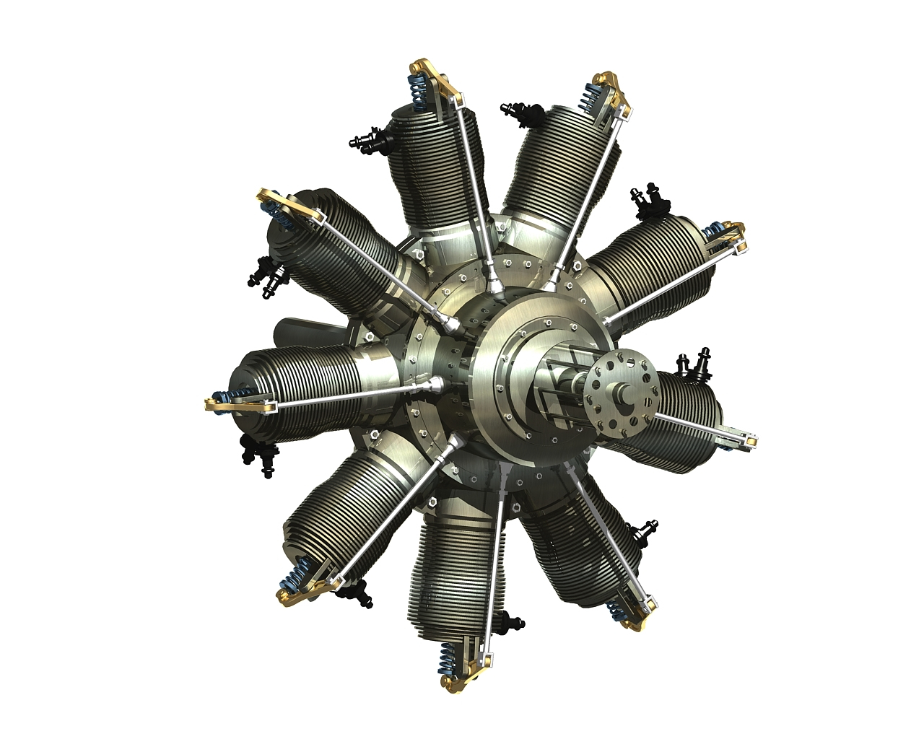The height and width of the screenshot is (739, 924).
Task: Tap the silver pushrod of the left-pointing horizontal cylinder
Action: [x=346, y=393]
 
